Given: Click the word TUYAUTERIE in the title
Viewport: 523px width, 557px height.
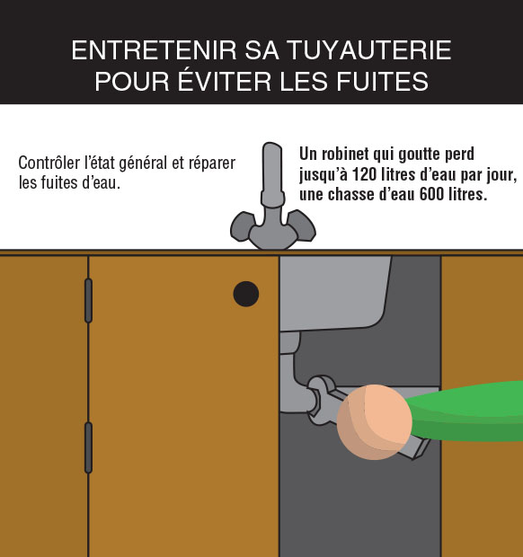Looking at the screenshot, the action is [369, 50].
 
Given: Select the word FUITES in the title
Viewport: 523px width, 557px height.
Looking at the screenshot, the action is [382, 82].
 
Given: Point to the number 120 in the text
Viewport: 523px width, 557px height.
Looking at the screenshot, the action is [364, 174].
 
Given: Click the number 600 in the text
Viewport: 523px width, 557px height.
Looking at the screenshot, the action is [431, 194].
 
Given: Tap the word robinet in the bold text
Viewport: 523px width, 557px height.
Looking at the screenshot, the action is [345, 155].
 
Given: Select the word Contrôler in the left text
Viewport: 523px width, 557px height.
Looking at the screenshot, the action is [49, 163].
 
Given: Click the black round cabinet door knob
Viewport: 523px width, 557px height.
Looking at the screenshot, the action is [246, 294].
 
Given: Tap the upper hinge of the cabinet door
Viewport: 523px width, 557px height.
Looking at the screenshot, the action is [88, 301].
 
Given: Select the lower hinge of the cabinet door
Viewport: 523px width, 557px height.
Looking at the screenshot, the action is [88, 447].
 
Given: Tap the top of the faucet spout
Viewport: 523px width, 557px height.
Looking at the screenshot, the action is [272, 146].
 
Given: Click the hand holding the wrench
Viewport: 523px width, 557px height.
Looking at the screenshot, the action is [375, 422].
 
